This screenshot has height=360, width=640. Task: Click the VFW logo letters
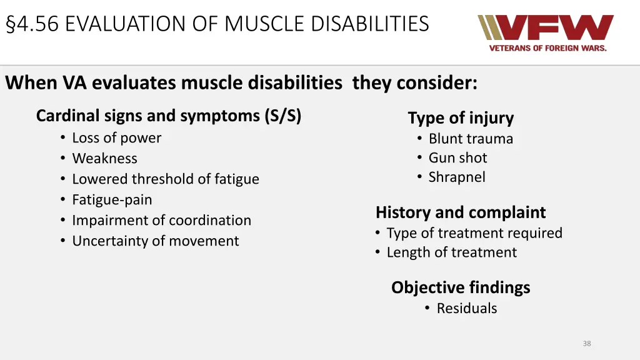tap(545, 28)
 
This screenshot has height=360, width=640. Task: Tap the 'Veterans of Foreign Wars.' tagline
tap(547, 48)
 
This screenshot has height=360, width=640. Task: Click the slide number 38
tap(586, 343)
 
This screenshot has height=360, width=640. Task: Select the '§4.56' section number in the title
tap(32, 24)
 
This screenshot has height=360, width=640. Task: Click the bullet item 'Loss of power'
tap(116, 138)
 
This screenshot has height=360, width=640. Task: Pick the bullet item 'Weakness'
tap(104, 159)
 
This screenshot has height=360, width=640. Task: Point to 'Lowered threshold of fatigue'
tap(165, 179)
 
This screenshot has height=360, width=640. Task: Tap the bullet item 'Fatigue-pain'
tap(112, 200)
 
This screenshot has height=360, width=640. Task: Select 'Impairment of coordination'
tap(161, 221)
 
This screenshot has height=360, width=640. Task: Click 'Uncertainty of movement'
tap(155, 241)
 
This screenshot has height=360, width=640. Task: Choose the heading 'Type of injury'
tap(461, 118)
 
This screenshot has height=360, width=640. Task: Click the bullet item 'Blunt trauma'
tap(470, 139)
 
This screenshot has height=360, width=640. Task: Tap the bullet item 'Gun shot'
tap(457, 158)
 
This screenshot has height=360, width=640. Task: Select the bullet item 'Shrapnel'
tap(456, 177)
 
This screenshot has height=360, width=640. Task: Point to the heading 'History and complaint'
tap(461, 212)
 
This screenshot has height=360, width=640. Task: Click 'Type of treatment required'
tap(474, 233)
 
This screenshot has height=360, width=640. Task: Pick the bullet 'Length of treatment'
tap(451, 252)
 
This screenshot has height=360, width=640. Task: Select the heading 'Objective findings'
tap(461, 287)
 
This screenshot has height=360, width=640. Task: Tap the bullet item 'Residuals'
tap(466, 308)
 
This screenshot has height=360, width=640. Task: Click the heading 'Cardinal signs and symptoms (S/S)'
tap(169, 116)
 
